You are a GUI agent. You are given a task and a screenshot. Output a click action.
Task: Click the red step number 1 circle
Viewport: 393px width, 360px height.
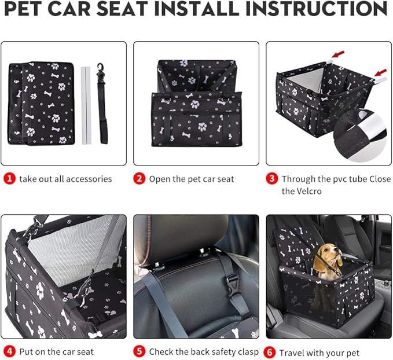[x=9, y=179]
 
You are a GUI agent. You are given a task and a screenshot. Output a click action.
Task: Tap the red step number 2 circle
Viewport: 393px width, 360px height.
[x=139, y=179]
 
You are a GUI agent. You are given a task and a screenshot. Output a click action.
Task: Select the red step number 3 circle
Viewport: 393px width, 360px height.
[x=271, y=179]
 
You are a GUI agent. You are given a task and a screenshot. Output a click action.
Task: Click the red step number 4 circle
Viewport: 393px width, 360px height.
[x=9, y=351]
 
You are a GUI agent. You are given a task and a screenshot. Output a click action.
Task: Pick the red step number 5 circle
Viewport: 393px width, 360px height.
[x=139, y=351]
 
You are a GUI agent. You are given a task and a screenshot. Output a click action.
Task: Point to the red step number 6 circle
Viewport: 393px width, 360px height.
[x=270, y=352]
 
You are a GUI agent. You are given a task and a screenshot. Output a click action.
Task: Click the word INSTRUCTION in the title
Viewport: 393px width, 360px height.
[x=315, y=10]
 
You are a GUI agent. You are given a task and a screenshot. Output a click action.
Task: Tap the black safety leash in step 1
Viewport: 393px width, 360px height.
[x=104, y=104]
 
